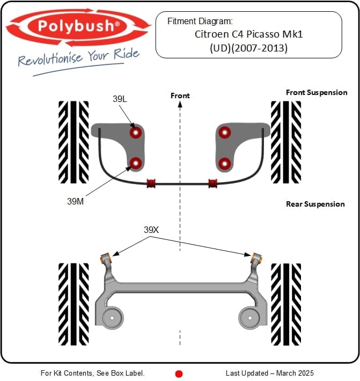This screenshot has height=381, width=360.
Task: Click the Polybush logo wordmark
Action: tap(78, 26)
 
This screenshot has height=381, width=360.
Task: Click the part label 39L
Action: tap(120, 99)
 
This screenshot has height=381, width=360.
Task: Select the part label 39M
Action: tap(76, 201)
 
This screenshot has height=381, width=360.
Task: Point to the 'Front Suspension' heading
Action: tap(317, 92)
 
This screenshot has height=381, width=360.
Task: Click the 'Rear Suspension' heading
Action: tap(315, 204)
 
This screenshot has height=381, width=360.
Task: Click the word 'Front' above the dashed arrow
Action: tap(180, 96)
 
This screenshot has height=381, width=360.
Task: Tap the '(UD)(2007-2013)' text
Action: tap(248, 48)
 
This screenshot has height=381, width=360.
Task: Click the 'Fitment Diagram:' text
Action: tap(200, 21)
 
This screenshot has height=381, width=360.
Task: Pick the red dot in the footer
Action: tap(179, 373)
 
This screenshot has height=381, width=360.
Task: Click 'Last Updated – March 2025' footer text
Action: tap(270, 373)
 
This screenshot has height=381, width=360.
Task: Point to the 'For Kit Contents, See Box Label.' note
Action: tap(92, 373)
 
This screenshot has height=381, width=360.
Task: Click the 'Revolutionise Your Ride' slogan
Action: tap(78, 57)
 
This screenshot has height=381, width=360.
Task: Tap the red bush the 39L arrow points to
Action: tap(136, 131)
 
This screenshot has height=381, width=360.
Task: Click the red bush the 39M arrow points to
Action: tap(136, 163)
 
